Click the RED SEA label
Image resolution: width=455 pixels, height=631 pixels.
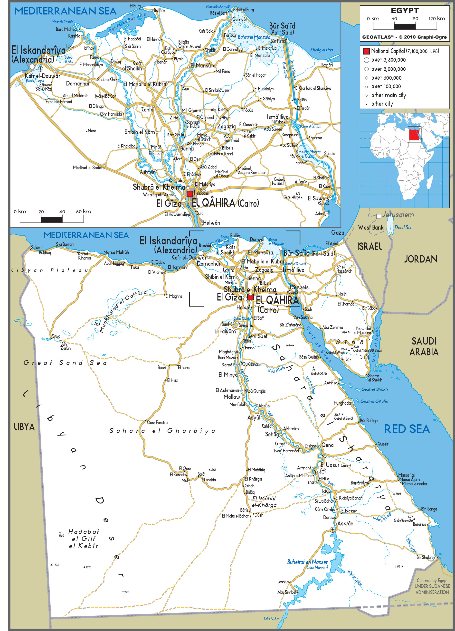407,429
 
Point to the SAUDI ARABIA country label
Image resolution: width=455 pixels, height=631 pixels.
424,346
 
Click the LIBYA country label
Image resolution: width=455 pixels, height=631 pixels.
24,427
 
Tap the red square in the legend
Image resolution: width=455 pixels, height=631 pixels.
366,51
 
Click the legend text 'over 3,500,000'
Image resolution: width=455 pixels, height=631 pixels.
388,60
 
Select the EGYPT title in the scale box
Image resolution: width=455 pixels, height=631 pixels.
405,10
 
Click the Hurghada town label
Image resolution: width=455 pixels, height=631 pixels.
342,403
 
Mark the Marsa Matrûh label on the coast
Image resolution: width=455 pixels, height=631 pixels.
116,252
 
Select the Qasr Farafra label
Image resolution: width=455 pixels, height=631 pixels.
157,423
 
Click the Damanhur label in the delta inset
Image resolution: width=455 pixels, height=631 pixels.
78,84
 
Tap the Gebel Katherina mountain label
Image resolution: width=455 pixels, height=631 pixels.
336,353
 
